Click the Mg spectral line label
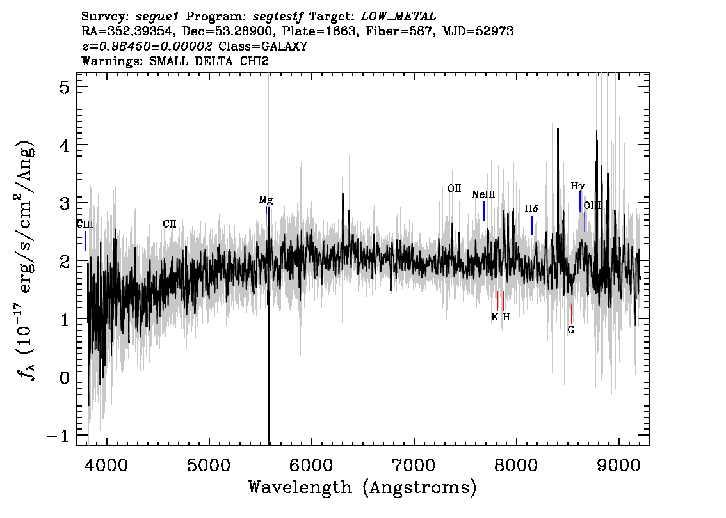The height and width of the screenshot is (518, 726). click(x=266, y=200)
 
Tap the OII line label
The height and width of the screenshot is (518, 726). click(x=454, y=188)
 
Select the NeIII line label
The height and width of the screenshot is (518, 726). click(x=483, y=194)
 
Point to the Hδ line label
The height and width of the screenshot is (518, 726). click(x=531, y=208)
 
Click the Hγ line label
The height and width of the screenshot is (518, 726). click(x=577, y=186)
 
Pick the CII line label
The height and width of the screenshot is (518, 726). click(x=170, y=224)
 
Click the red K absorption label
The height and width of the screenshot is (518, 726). click(x=494, y=317)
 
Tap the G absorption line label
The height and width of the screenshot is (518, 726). click(x=571, y=330)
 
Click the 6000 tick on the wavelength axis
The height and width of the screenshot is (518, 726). click(x=311, y=465)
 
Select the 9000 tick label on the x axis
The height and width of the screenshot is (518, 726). click(x=618, y=465)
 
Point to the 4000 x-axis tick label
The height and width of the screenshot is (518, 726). click(x=107, y=465)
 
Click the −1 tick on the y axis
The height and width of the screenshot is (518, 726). click(x=58, y=436)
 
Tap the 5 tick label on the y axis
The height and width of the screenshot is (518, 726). click(x=65, y=87)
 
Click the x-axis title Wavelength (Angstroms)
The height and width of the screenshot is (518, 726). click(x=362, y=487)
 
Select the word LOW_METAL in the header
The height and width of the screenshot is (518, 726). click(x=398, y=17)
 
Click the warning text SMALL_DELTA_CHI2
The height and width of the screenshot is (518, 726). click(x=209, y=61)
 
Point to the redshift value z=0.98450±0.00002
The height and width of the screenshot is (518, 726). click(x=147, y=46)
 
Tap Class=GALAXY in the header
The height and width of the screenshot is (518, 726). click(x=263, y=46)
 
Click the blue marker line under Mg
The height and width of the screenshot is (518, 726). click(x=266, y=216)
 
